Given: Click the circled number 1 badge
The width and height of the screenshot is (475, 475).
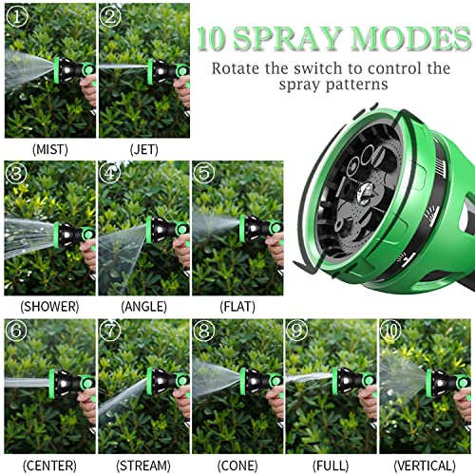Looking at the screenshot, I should point(17,17).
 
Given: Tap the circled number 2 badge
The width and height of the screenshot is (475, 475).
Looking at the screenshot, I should point(112,17).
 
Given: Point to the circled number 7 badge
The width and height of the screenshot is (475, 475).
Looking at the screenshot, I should point(112,332).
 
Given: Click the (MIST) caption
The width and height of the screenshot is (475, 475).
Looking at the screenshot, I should point(49,148).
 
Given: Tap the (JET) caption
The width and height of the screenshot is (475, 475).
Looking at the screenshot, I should point(143,148).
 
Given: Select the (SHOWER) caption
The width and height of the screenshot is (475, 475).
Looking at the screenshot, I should point(49,306).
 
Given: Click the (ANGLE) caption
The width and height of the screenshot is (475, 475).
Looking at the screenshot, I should point(143,306).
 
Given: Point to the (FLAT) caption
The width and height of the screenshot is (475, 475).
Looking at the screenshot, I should point(237,306).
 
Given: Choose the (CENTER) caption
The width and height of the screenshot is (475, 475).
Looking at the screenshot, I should point(49,465).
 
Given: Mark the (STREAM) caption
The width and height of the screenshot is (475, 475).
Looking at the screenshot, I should point(143,465).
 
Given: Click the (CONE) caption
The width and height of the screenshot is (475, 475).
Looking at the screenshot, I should point(237,465).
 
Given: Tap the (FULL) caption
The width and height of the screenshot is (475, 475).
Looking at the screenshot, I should point(331,465).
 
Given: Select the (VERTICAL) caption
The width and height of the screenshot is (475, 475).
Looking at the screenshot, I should point(425,465).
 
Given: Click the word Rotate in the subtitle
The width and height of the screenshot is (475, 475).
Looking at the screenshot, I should point(237,68).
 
